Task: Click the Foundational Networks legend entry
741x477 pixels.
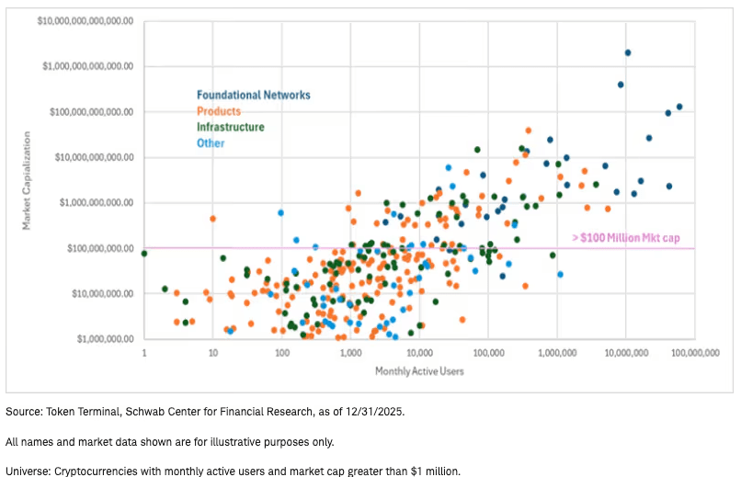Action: pyautogui.click(x=253, y=95)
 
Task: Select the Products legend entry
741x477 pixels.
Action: pyautogui.click(x=218, y=111)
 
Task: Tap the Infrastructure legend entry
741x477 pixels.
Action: pyautogui.click(x=230, y=127)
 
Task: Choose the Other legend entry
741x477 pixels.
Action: pyautogui.click(x=211, y=142)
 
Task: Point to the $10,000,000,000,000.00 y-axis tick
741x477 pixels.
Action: pyautogui.click(x=85, y=20)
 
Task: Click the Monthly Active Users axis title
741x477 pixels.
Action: pyautogui.click(x=418, y=371)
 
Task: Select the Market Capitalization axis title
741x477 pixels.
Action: pyautogui.click(x=27, y=179)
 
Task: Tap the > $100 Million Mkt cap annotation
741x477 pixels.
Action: pyautogui.click(x=625, y=238)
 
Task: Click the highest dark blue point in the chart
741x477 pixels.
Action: pyautogui.click(x=628, y=52)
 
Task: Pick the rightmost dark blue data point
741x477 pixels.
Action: pyautogui.click(x=679, y=107)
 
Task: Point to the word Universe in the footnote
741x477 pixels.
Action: pyautogui.click(x=28, y=471)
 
